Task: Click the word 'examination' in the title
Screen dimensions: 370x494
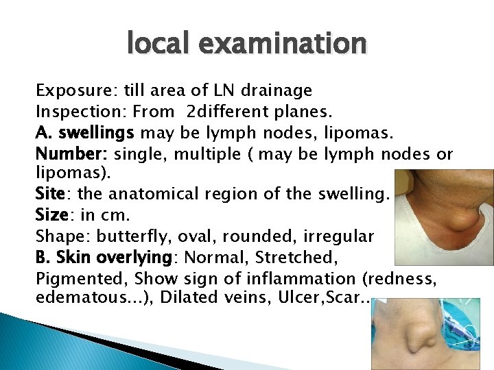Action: (x=286, y=44)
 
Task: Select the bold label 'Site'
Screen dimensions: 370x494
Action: (x=50, y=194)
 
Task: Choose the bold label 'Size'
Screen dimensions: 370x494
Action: (x=51, y=215)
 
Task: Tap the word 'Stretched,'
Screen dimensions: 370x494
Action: (x=301, y=258)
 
